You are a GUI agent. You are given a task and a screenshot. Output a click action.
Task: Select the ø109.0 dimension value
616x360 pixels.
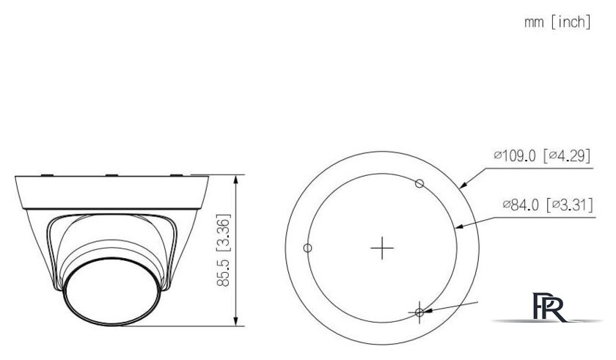point(518,156)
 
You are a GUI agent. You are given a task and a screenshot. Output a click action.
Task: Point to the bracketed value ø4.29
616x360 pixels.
point(567,156)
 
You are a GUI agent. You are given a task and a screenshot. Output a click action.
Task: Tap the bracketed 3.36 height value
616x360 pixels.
point(226,229)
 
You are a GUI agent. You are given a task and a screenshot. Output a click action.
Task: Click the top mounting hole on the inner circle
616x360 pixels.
point(419,183)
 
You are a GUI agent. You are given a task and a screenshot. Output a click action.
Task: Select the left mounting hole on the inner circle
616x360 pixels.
point(308,248)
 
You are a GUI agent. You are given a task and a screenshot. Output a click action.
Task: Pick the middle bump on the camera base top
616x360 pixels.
point(112,175)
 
